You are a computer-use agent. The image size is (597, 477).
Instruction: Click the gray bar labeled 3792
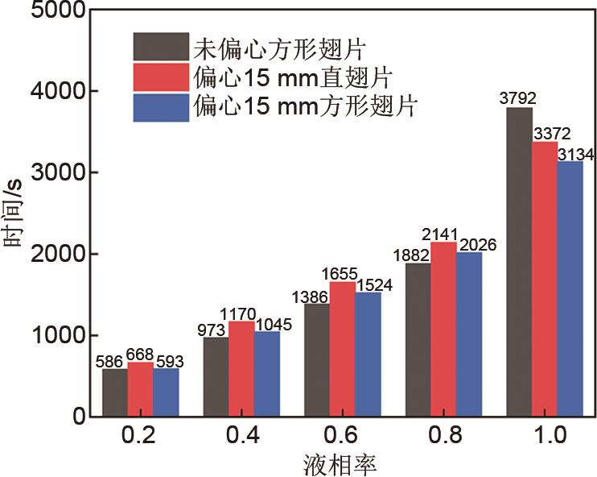(x=519, y=262)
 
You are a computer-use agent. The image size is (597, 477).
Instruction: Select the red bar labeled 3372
(x=545, y=279)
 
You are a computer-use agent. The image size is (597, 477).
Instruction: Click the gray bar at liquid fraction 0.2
(x=115, y=392)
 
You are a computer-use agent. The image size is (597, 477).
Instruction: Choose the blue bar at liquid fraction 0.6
(x=368, y=355)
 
